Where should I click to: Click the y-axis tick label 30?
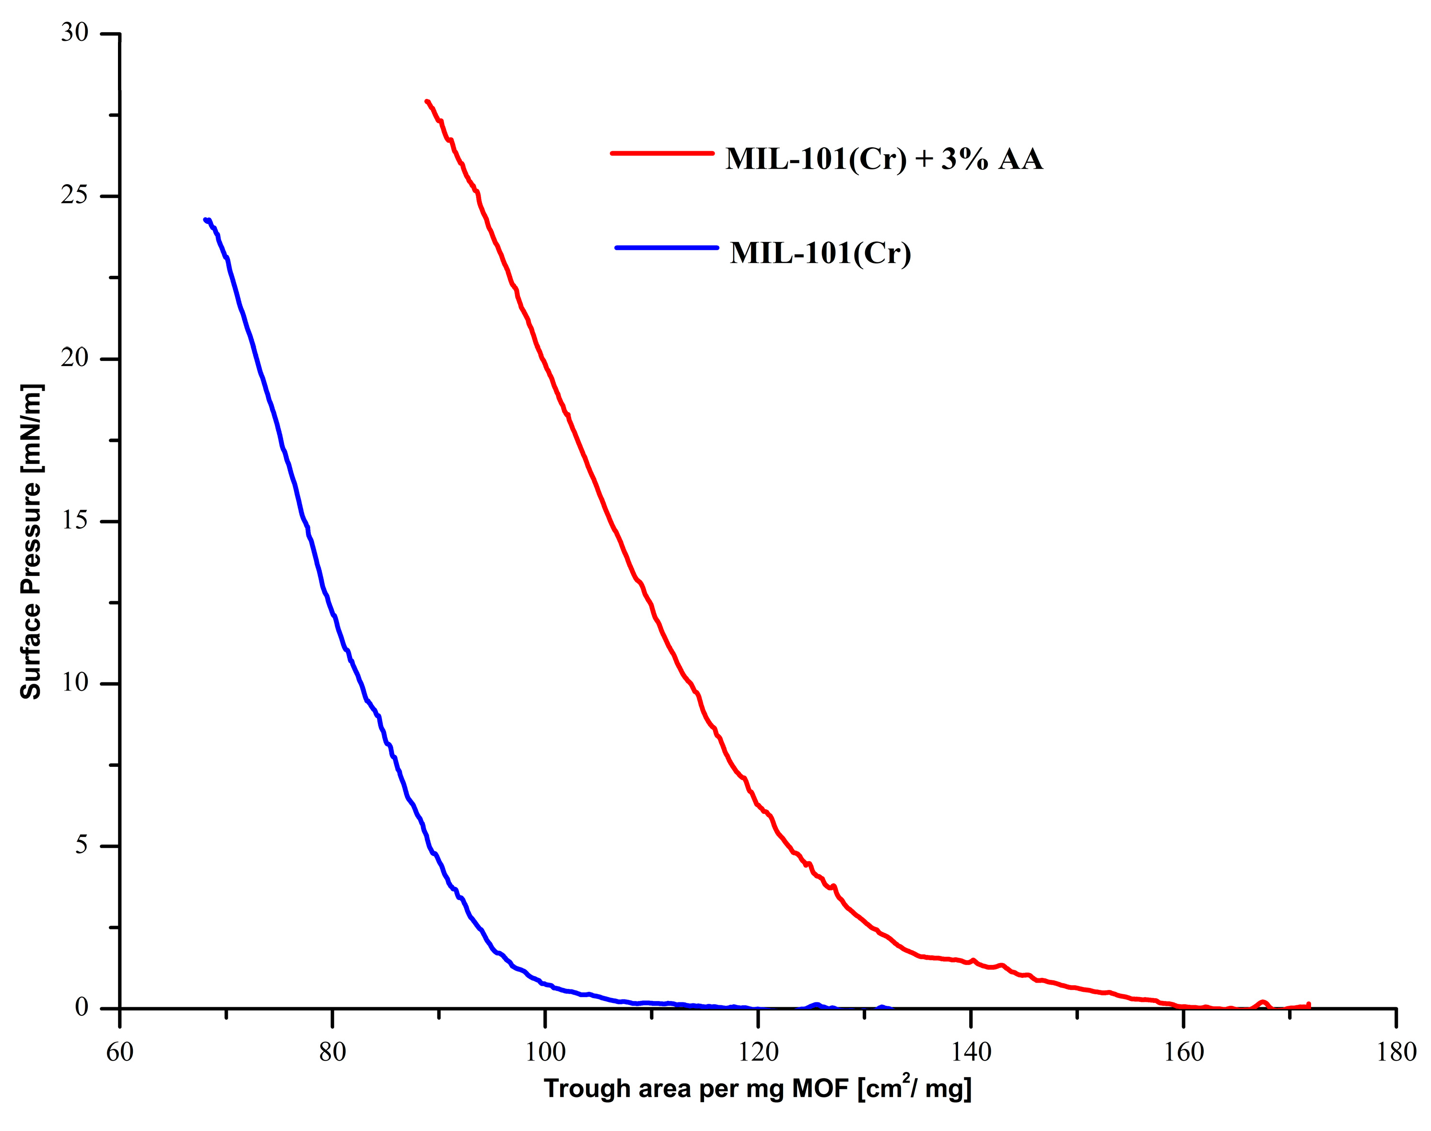tap(75, 33)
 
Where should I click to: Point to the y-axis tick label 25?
tap(75, 196)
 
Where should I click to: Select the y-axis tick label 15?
tap(75, 521)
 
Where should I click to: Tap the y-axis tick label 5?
tap(81, 845)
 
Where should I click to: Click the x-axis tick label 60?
tap(120, 1051)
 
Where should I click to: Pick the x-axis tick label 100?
tap(545, 1051)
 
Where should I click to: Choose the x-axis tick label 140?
tap(970, 1051)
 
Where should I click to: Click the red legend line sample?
tap(662, 153)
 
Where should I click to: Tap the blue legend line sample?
tap(667, 248)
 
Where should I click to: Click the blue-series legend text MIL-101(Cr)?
tap(821, 254)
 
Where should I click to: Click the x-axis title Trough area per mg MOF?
tap(757, 1089)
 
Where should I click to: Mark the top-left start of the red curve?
tap(427, 101)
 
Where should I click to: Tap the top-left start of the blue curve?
tap(206, 220)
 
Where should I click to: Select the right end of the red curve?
tap(1309, 1005)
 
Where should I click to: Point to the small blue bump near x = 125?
tap(817, 1005)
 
